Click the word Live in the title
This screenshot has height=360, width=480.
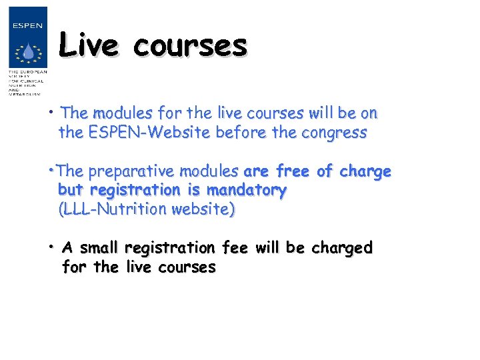pyautogui.click(x=88, y=45)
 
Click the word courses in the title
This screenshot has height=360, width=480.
pyautogui.click(x=189, y=45)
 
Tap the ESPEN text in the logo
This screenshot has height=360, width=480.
pyautogui.click(x=28, y=26)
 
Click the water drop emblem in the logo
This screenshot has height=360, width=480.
pyautogui.click(x=28, y=52)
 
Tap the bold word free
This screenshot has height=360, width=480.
pyautogui.click(x=292, y=171)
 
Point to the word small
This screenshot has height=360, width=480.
pyautogui.click(x=98, y=248)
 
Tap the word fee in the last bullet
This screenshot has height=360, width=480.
pyautogui.click(x=234, y=248)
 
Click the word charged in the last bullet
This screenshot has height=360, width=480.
pyautogui.click(x=340, y=248)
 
